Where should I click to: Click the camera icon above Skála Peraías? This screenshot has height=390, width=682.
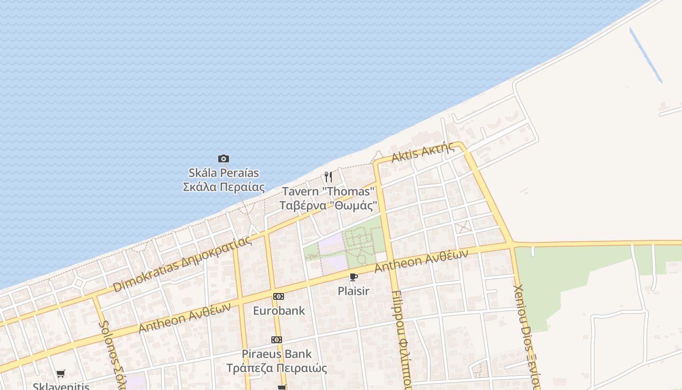[224, 158]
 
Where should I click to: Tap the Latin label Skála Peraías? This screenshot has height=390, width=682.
[224, 173]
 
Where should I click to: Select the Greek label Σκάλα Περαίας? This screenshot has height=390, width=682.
[224, 187]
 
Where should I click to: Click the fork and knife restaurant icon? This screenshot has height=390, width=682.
[329, 176]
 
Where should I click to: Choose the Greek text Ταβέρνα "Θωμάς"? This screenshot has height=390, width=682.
[328, 205]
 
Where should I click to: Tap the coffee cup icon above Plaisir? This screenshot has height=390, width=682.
[354, 277]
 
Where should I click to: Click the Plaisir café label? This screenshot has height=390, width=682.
[354, 292]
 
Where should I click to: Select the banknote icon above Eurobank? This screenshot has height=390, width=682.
[279, 296]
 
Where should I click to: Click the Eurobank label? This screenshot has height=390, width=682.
[279, 311]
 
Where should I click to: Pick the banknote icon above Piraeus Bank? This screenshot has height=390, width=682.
[277, 340]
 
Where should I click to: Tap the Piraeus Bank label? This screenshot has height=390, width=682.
[277, 354]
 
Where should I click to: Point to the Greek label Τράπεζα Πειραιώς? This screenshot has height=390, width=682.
[277, 368]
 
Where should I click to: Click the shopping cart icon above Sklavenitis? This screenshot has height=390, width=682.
[61, 374]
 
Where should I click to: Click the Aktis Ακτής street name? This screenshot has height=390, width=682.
[423, 152]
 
